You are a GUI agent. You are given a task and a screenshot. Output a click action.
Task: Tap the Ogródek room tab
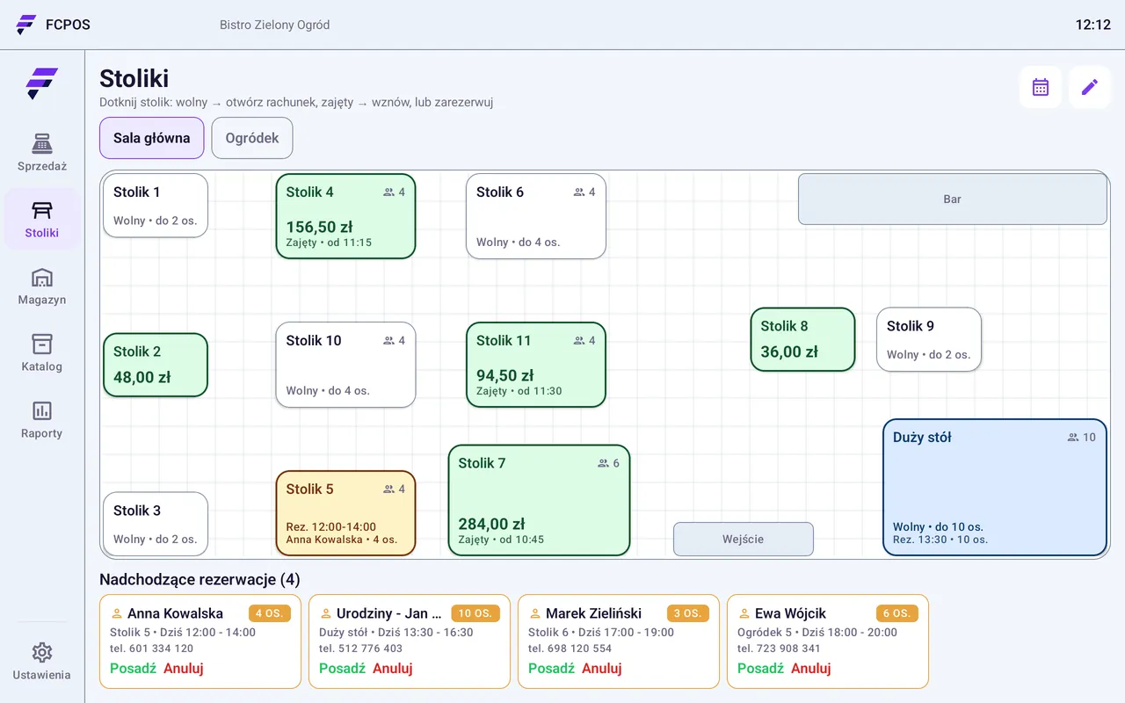(x=251, y=138)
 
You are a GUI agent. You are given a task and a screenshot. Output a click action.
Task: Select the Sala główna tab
(x=152, y=138)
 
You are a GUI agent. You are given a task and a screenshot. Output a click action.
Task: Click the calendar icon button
(x=1040, y=87)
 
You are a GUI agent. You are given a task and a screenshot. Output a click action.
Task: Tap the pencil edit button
(x=1089, y=87)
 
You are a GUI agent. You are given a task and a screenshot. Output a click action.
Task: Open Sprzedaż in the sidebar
(x=42, y=152)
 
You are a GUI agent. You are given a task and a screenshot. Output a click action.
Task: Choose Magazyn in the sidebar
(x=42, y=286)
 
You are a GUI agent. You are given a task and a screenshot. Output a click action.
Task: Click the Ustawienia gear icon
(x=42, y=652)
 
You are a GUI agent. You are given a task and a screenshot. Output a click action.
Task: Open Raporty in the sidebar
(x=42, y=420)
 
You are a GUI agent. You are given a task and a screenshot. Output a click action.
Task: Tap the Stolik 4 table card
(x=345, y=216)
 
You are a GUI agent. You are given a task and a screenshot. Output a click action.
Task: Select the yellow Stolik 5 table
(x=345, y=512)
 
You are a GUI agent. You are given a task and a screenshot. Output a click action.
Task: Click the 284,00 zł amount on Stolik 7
(x=491, y=524)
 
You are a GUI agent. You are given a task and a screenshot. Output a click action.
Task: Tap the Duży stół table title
(x=922, y=437)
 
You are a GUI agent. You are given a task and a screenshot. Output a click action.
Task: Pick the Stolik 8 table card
(x=802, y=339)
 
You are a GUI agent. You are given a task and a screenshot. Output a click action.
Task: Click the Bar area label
(x=952, y=199)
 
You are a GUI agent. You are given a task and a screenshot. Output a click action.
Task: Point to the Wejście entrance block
(x=744, y=539)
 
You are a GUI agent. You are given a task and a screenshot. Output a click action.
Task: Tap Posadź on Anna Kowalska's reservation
(x=133, y=669)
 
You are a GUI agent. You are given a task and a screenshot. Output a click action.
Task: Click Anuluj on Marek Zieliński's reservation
(x=602, y=669)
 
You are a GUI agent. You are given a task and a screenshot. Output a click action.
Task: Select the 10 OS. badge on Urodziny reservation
(x=475, y=613)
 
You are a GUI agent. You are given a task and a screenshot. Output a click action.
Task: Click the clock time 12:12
(x=1092, y=25)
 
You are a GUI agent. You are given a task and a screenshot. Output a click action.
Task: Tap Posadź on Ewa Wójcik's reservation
(x=760, y=669)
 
